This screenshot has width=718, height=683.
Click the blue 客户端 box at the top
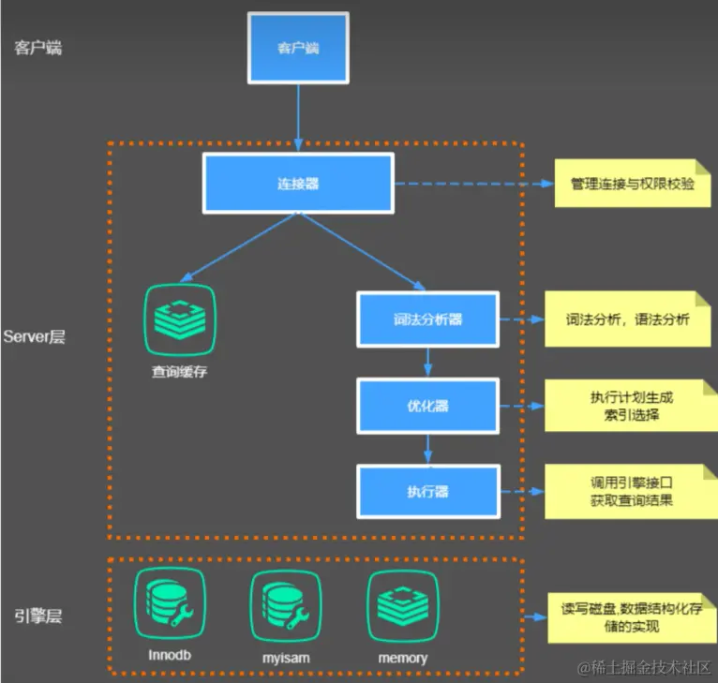coord(297,46)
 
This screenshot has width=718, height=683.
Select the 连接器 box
coord(298,184)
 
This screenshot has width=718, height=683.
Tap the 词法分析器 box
coord(427,319)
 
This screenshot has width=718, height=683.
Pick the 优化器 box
coord(427,406)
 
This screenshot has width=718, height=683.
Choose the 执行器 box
coord(427,491)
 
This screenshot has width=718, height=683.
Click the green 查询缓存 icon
coord(180,318)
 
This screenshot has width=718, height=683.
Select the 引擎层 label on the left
coord(38,616)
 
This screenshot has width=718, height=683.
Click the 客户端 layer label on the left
coord(38,47)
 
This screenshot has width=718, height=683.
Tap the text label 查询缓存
coord(180,371)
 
